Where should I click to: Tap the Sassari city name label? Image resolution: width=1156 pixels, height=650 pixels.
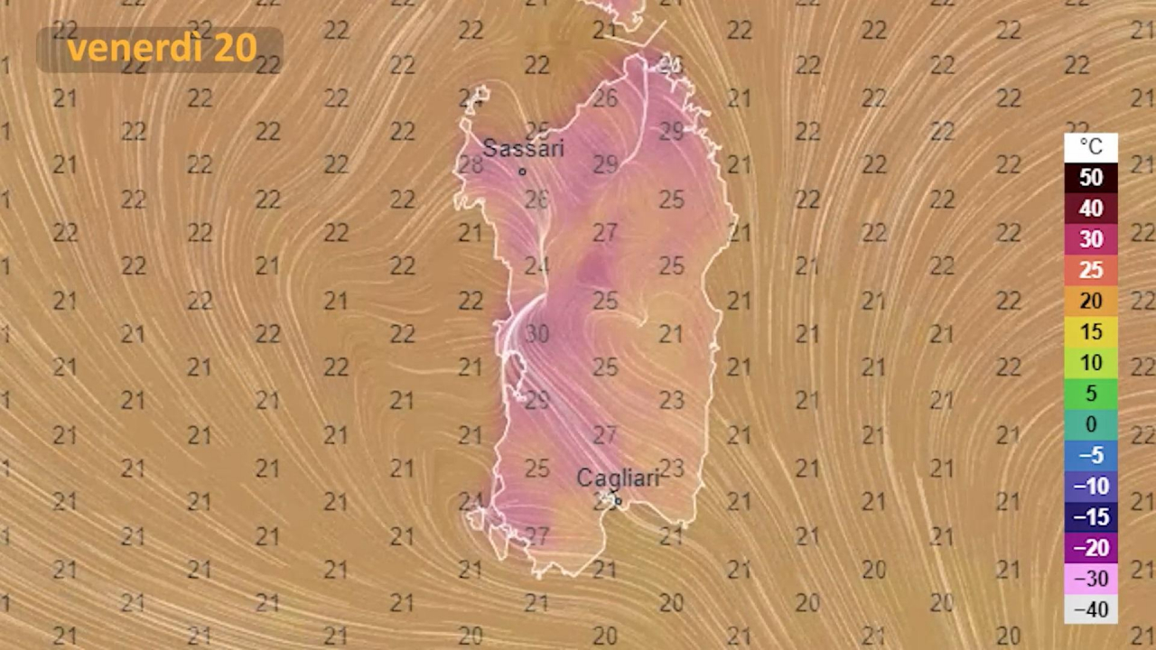(x=523, y=148)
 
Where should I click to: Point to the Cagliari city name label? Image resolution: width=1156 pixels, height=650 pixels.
(x=619, y=478)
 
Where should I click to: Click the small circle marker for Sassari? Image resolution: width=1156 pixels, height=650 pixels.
(x=522, y=172)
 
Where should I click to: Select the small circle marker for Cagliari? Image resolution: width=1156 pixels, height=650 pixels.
(x=618, y=501)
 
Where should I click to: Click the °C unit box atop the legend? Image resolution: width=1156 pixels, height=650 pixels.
(x=1091, y=147)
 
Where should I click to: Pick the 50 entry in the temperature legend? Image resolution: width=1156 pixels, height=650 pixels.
(x=1091, y=178)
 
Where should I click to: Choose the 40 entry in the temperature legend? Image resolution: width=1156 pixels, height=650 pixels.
(x=1091, y=209)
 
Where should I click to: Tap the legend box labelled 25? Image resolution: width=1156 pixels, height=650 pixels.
(x=1091, y=270)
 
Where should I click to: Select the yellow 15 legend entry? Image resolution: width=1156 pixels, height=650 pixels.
(x=1091, y=331)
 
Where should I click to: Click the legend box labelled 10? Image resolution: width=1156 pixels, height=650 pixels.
(x=1091, y=363)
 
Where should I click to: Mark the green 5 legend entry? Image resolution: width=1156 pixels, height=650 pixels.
(x=1091, y=394)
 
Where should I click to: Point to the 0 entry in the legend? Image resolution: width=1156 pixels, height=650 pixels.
(x=1091, y=424)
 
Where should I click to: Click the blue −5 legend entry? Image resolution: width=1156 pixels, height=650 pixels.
(x=1091, y=455)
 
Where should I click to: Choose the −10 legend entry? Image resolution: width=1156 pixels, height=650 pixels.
(x=1091, y=487)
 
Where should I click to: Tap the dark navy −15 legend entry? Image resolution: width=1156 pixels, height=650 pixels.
(x=1091, y=517)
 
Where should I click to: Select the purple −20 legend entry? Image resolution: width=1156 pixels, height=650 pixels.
(x=1091, y=548)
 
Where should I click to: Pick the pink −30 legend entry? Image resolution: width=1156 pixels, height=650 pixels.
(x=1091, y=579)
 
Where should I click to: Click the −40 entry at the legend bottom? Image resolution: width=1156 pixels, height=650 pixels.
(x=1091, y=609)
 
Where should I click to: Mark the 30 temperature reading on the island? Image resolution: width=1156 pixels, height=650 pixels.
(x=537, y=334)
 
